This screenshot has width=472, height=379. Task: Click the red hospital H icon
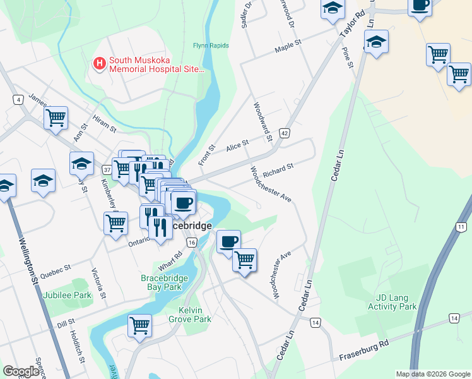coord(99,63)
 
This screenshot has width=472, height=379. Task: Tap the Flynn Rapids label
coord(211,45)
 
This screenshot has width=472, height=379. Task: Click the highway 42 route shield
coord(285,133)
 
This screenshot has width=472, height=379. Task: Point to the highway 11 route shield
coord(462,227)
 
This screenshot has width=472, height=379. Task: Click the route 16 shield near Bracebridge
coord(192,243)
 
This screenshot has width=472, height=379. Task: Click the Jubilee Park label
coord(67,295)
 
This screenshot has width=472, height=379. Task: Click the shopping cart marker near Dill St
coord(139,325)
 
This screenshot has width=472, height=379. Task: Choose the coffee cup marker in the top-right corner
coord(420,6)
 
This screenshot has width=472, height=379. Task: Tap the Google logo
coord(21,371)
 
